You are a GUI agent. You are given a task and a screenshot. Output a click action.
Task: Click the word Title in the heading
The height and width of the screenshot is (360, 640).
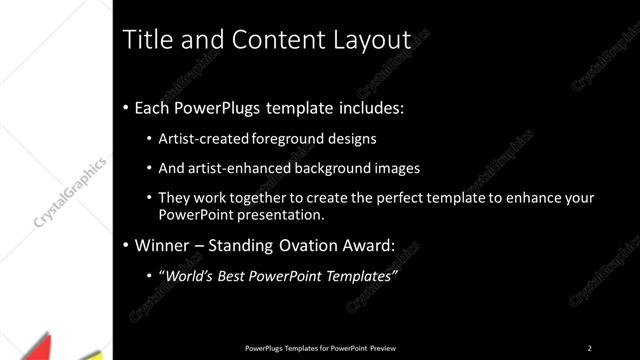(x=144, y=40)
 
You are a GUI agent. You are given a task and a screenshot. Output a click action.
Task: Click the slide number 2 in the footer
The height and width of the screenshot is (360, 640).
(x=589, y=348)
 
